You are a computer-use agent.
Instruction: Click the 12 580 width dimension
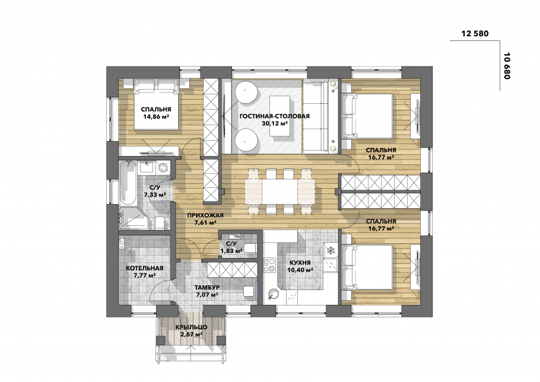coord(475,33)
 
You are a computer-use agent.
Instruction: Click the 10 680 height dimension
coord(506,66)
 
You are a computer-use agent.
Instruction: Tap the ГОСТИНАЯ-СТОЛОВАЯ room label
coord(275,116)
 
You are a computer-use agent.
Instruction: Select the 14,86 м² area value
coord(155,117)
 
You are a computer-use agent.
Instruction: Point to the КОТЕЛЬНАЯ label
coord(144,268)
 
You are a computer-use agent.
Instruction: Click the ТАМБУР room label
coord(207,287)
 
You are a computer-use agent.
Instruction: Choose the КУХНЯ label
coord(300,263)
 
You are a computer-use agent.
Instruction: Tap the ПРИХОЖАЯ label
coord(205,215)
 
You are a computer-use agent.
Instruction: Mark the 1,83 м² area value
coord(231,251)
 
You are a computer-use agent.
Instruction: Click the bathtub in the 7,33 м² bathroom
coord(128,182)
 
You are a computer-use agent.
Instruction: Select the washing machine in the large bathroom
coord(163,168)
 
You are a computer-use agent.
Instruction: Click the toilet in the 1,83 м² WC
coord(250,247)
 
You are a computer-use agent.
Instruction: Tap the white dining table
coord(279,192)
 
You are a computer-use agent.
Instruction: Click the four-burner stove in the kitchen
coord(269,265)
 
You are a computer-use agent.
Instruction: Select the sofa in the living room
coord(316,116)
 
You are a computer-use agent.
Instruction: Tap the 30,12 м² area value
coord(275,123)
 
